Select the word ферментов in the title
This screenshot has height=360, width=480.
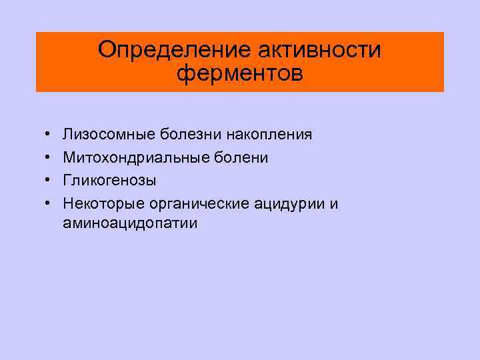coord(240,73)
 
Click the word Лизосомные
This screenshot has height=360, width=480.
coord(109,135)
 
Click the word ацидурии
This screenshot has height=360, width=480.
coord(291,203)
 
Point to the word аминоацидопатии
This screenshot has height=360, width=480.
coord(131,224)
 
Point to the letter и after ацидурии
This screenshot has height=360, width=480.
coord(334,203)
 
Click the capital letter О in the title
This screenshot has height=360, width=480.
coord(106,50)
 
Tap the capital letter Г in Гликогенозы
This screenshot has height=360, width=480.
coord(67,179)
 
